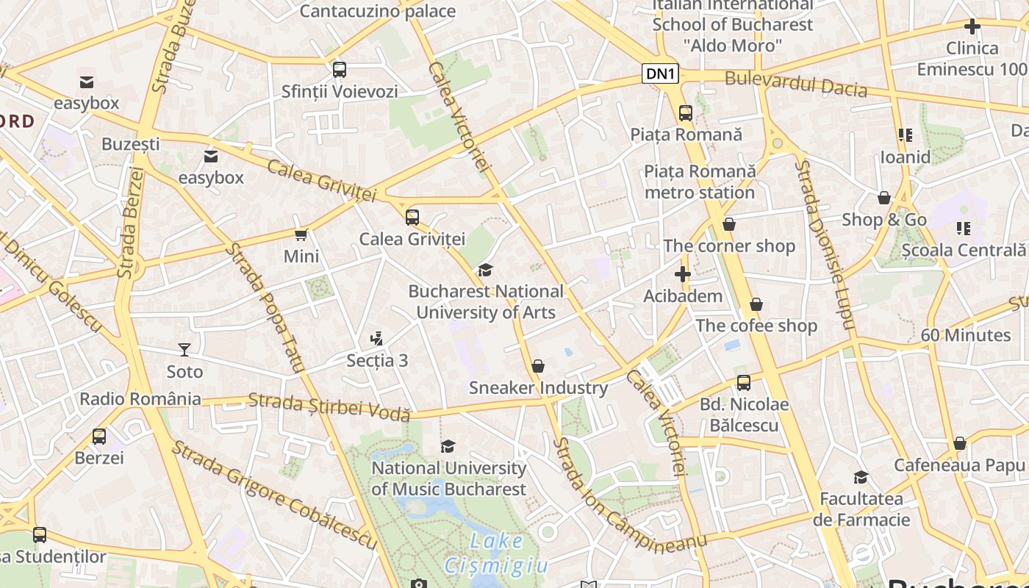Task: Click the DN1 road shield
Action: coord(660,73)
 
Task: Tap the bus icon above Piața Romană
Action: coord(686,113)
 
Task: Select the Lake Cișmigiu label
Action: coord(496,553)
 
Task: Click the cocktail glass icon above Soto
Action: coord(184,350)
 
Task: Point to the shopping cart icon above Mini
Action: coord(301,235)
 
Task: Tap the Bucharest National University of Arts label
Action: coord(486,302)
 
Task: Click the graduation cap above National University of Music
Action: coord(448,446)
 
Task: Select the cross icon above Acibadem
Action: coord(683,274)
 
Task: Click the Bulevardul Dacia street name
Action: coord(796,84)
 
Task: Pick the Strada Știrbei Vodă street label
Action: coord(329,406)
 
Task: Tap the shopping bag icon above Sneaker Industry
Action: coord(538,366)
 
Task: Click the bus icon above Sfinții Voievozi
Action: coord(339,70)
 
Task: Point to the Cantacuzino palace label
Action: coord(378,11)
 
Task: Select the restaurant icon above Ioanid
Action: coord(905,135)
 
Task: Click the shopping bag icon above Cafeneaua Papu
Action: coord(959,443)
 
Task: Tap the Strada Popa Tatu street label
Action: coord(265,308)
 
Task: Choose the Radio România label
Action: coord(140,399)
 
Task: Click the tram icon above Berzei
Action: coord(99,437)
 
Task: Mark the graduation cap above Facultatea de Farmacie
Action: coord(861,478)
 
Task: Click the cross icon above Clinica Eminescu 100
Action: coord(972,26)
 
